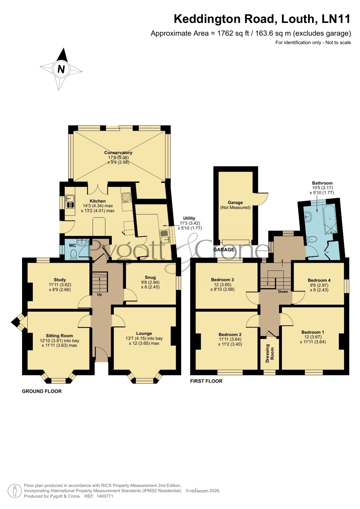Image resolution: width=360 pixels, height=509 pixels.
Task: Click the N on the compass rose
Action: tap(61, 69)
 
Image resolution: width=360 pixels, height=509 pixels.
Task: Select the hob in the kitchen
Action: tap(126, 197)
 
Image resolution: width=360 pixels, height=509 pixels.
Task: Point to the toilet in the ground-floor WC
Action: tap(74, 254)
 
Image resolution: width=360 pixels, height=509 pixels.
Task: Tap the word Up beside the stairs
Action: tap(100, 294)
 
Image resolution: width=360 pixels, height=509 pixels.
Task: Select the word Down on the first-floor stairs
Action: tap(283, 291)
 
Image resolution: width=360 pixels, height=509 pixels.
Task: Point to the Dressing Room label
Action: tap(270, 353)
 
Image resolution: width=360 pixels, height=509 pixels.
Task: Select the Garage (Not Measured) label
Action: tap(235, 205)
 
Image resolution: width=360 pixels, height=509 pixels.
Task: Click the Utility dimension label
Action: tap(190, 223)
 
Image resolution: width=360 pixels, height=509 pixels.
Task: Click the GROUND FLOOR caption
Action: tap(42, 391)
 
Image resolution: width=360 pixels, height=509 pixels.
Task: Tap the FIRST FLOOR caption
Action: tap(206, 381)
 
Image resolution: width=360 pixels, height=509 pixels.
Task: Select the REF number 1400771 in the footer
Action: tap(105, 496)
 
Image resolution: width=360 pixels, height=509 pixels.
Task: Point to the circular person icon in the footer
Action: tap(15, 491)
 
